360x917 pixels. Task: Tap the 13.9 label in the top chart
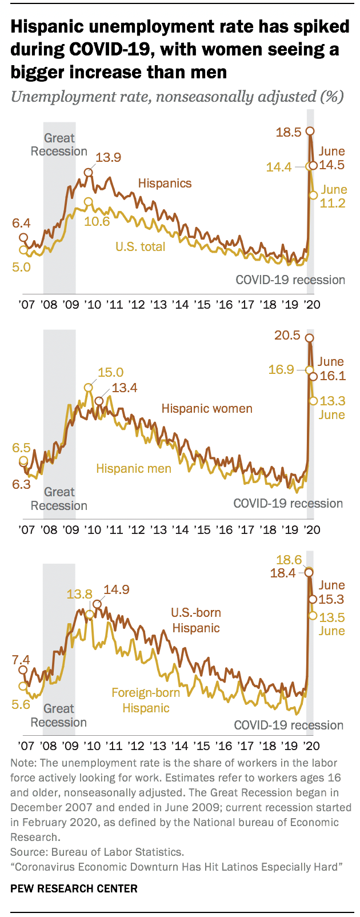point(108,158)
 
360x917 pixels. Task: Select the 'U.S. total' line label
point(140,247)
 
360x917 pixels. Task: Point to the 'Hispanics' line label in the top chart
point(165,184)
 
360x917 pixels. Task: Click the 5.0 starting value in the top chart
point(21,266)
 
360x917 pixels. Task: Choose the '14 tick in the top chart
point(181,304)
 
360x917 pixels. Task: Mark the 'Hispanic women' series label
point(206,409)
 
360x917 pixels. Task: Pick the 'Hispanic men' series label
point(134,469)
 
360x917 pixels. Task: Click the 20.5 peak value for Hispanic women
point(287,336)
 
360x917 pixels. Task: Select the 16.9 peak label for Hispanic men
point(281,370)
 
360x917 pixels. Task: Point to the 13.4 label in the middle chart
point(124,389)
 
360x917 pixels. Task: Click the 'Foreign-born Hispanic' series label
point(146,700)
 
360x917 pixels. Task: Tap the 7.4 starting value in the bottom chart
point(21,660)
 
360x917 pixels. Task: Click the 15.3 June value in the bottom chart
point(331,600)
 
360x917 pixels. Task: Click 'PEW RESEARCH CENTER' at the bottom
point(74,888)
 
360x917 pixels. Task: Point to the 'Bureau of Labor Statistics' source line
point(98,852)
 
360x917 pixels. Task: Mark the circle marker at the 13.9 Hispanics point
point(89,172)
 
